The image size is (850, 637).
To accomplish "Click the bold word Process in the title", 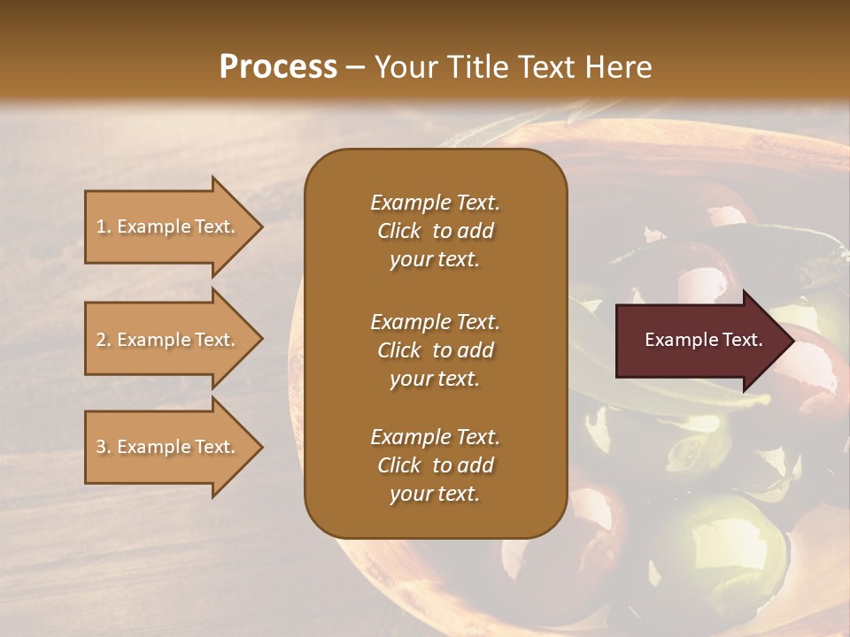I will click(x=278, y=66).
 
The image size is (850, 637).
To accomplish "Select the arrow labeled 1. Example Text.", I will click(x=168, y=226).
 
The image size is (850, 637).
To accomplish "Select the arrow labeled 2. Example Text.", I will click(x=168, y=340).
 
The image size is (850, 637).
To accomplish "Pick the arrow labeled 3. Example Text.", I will click(x=168, y=447).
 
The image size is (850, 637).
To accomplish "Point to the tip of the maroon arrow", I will click(x=792, y=341).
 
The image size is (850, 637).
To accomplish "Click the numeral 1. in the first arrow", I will click(x=104, y=226).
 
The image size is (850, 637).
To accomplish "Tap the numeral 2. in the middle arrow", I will click(x=104, y=340).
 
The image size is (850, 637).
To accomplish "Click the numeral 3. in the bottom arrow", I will click(x=104, y=447).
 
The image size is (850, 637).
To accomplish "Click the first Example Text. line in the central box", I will click(x=435, y=203).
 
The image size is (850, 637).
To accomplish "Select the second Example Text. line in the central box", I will click(x=435, y=321).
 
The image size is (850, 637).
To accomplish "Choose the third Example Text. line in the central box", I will click(x=435, y=437).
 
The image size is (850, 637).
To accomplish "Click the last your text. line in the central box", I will click(x=435, y=495).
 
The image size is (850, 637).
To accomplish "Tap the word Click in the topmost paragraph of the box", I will click(x=398, y=231).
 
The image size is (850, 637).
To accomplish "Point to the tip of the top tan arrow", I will click(x=261, y=226).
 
